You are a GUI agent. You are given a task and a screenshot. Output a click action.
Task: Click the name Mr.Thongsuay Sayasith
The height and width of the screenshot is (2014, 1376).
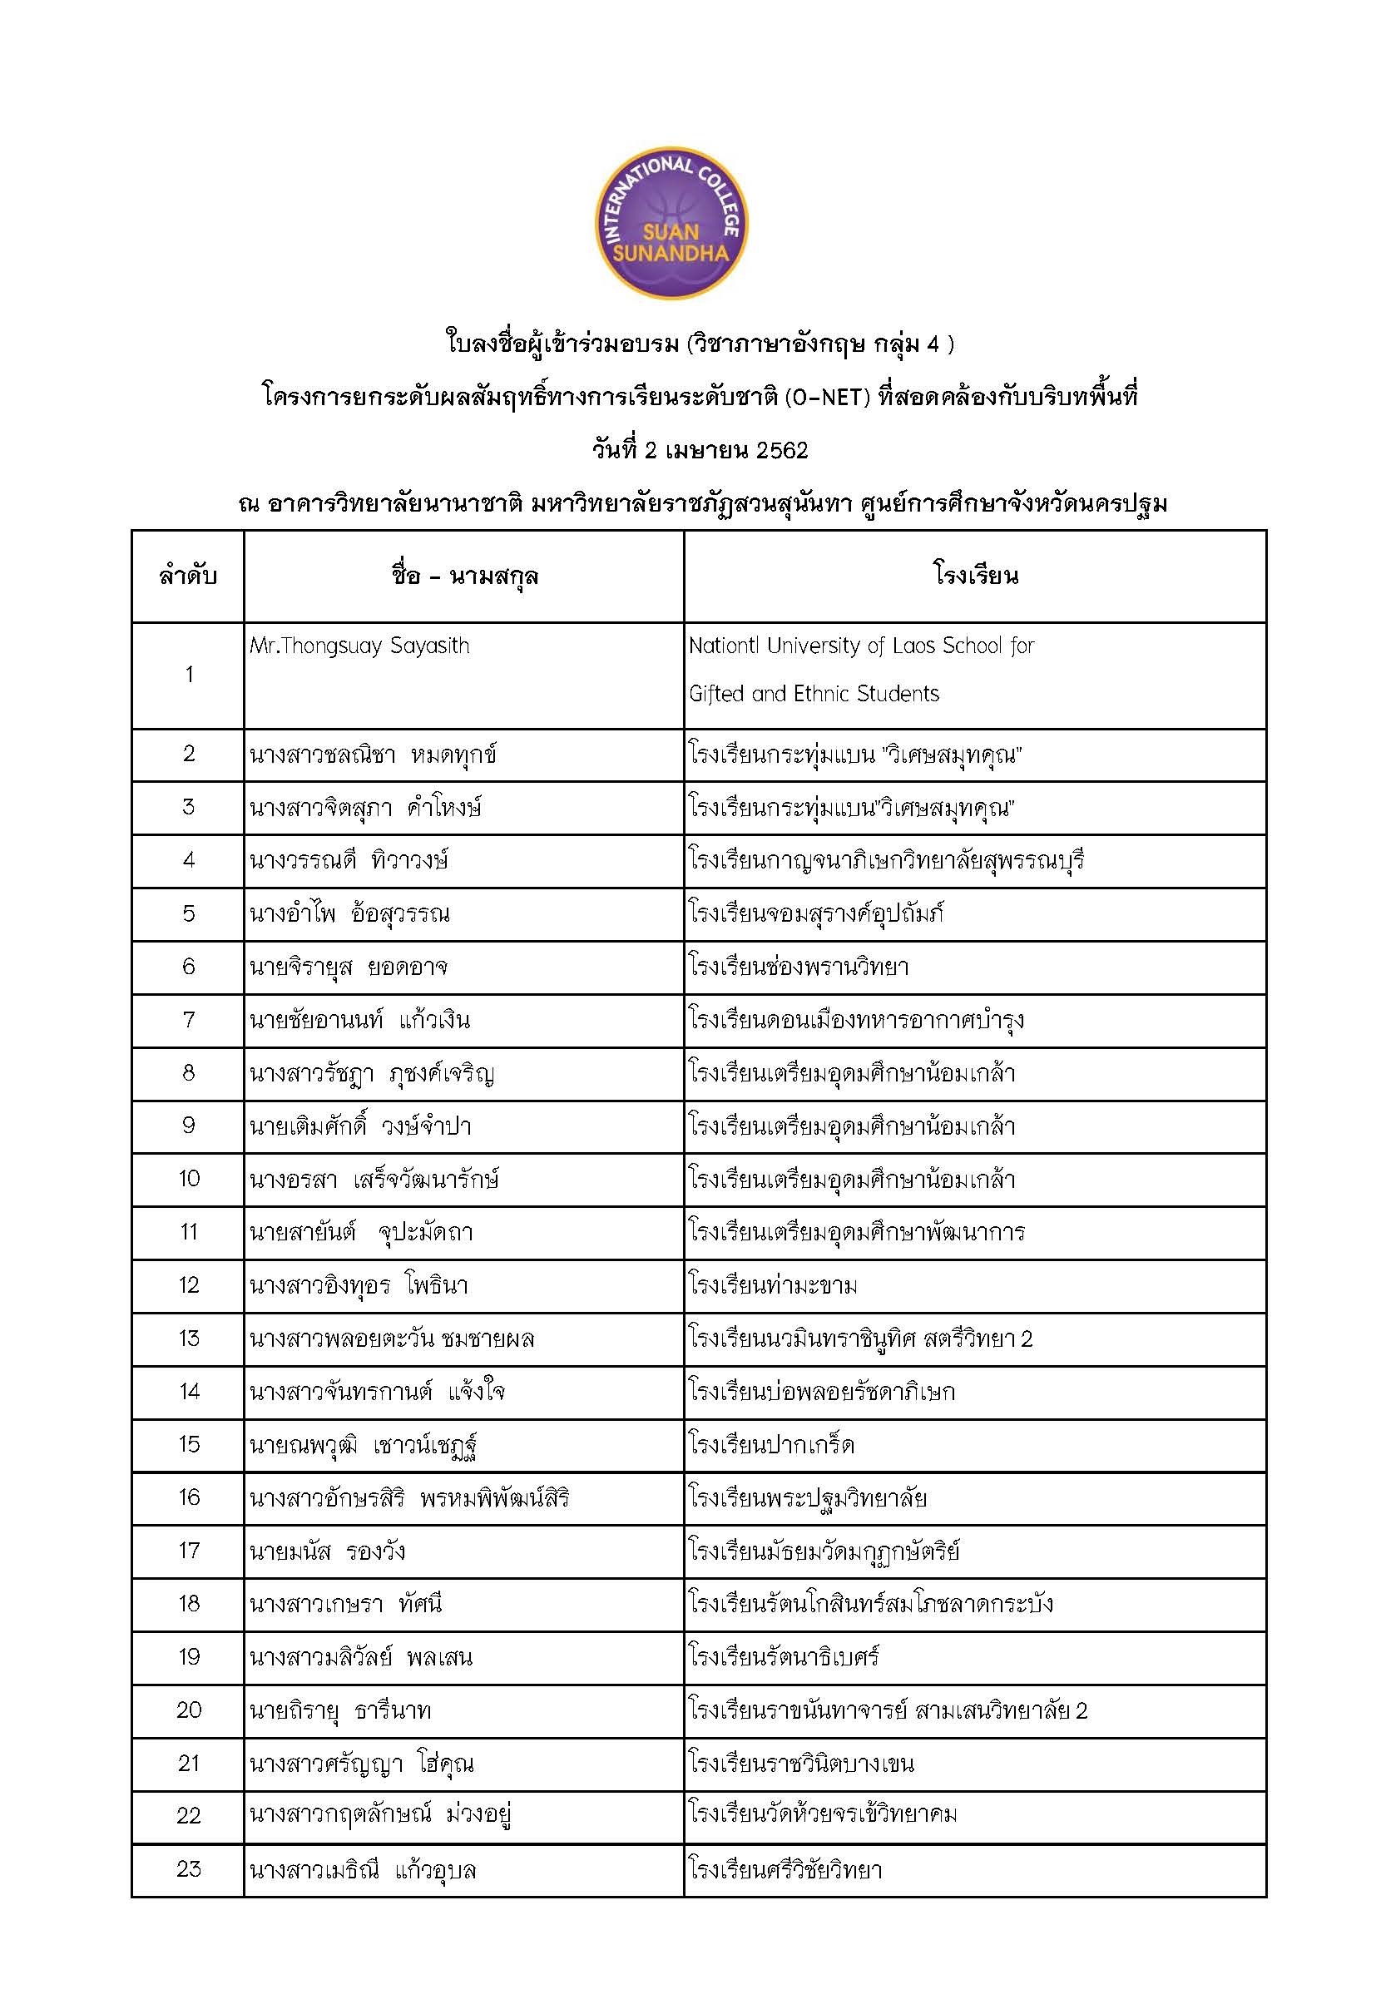(x=359, y=646)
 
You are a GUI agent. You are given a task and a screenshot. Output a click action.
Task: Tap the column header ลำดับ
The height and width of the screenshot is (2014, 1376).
(x=188, y=576)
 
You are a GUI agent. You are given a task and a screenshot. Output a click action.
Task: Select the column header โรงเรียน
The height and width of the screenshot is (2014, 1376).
(x=975, y=576)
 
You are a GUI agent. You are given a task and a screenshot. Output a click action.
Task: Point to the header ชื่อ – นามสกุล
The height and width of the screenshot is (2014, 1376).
(x=464, y=576)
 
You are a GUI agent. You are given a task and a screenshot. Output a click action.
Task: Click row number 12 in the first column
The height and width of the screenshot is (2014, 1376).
(x=189, y=1284)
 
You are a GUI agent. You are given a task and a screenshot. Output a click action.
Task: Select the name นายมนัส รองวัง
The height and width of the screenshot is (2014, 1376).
(x=328, y=1551)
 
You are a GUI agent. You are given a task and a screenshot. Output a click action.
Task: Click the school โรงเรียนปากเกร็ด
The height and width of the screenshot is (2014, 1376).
(x=771, y=1445)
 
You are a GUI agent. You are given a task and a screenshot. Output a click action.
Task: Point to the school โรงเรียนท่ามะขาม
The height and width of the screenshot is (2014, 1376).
(x=773, y=1285)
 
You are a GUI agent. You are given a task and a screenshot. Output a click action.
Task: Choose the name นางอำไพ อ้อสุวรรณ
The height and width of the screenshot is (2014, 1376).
(x=349, y=913)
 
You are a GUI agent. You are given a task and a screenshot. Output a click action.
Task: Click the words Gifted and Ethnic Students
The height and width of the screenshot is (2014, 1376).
(x=814, y=693)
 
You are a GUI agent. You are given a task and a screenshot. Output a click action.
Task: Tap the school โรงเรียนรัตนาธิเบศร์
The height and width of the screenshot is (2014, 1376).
(x=785, y=1657)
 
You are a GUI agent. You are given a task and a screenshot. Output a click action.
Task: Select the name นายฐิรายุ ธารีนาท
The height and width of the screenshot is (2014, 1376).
(x=339, y=1710)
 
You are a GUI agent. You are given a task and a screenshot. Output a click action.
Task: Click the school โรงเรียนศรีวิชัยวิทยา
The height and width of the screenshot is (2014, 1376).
(x=785, y=1869)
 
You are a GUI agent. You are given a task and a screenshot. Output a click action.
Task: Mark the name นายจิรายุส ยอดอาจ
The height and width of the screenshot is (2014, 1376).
(x=349, y=967)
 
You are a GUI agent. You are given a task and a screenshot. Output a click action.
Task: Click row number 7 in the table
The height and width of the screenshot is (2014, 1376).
(x=189, y=1019)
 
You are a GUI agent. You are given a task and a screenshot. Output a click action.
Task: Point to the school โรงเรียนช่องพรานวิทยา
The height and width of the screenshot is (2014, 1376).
(x=799, y=967)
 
